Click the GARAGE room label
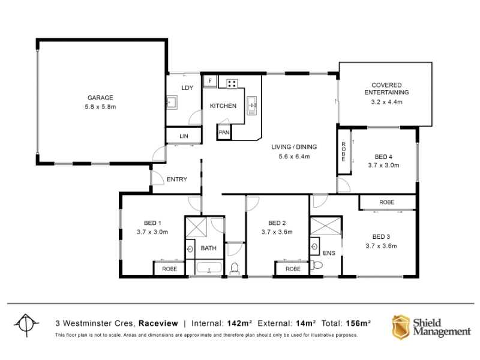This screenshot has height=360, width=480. tap(100, 98)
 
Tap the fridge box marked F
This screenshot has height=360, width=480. tap(211, 81)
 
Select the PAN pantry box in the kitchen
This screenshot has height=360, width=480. tap(224, 132)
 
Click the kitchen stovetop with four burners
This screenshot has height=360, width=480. tap(232, 83)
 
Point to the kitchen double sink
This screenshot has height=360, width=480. tap(252, 106)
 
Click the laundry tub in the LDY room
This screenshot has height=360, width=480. tap(172, 103)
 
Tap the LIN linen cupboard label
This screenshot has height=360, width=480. tap(184, 136)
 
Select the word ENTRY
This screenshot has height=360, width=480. tap(177, 179)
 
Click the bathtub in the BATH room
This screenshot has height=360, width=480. tap(209, 268)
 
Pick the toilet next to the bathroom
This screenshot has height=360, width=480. tap(235, 268)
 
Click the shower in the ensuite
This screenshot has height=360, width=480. tap(325, 226)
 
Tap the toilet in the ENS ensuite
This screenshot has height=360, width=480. tap(317, 265)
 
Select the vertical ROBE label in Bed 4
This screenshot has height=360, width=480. tap(343, 152)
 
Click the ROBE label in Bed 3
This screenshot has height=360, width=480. tap(386, 202)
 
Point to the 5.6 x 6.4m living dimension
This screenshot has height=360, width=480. tap(294, 157)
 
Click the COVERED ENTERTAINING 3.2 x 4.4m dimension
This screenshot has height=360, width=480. tap(386, 102)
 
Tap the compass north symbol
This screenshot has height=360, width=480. tap(26, 324)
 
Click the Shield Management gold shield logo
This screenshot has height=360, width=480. tap(401, 327)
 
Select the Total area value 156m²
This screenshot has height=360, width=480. tap(358, 323)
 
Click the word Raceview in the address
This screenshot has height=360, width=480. tap(158, 323)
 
